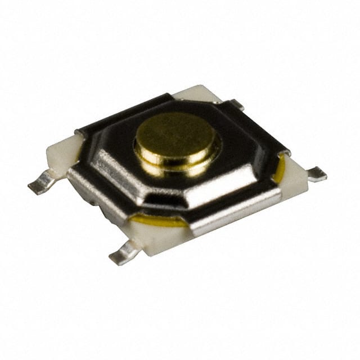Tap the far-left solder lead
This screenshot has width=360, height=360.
pos(40,184)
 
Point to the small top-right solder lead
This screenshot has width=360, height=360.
pos(235,103)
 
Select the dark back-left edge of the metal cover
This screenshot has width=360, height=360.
pos(124,112)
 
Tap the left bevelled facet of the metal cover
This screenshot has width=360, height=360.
pos(112,157)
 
